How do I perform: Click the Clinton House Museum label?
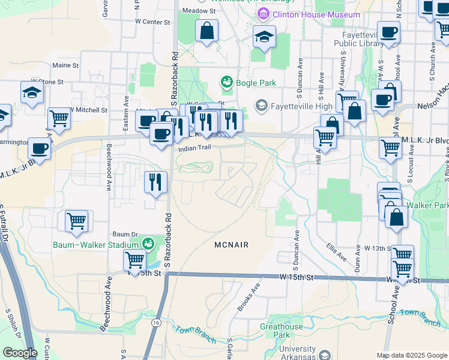click(x=316, y=14)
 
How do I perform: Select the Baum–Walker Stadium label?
click(x=96, y=244)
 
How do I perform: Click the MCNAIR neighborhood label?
click(x=231, y=245)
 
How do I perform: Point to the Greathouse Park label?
click(x=282, y=331)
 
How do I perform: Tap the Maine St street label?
click(x=66, y=65)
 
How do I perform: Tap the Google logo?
click(x=20, y=353)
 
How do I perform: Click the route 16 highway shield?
click(x=156, y=323)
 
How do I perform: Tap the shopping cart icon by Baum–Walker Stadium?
click(x=134, y=260)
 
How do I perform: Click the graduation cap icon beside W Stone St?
click(x=32, y=92)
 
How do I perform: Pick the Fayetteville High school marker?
click(x=261, y=106)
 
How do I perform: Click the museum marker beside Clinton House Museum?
click(x=262, y=14)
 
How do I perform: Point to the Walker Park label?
click(x=435, y=206)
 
